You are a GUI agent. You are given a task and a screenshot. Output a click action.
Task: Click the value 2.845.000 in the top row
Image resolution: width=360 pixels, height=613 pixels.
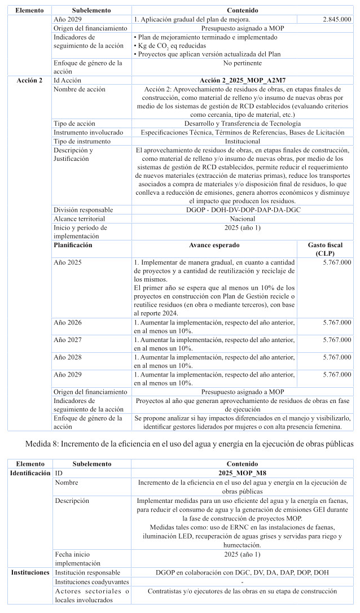(337, 19)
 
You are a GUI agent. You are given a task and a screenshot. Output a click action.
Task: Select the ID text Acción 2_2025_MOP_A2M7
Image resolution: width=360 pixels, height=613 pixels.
(243, 81)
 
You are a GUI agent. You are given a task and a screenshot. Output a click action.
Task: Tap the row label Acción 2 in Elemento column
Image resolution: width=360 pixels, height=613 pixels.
(29, 81)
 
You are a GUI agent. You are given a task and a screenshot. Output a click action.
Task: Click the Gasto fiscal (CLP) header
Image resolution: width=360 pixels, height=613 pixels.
(325, 249)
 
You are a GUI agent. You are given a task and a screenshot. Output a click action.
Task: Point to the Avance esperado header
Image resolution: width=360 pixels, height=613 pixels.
(214, 246)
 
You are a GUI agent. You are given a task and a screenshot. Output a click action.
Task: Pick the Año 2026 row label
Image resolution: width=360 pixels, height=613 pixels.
(68, 322)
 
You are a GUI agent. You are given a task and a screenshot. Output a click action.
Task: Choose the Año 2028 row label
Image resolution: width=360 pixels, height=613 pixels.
(68, 357)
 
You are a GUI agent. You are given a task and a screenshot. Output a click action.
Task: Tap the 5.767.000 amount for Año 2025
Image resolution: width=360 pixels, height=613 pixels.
(337, 262)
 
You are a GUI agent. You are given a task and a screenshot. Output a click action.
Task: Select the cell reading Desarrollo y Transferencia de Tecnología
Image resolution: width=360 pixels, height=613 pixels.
(243, 124)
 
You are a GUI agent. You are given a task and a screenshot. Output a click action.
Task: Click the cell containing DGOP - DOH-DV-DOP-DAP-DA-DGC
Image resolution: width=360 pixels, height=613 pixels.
(243, 210)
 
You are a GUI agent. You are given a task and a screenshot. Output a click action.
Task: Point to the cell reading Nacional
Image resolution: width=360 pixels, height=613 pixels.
(243, 218)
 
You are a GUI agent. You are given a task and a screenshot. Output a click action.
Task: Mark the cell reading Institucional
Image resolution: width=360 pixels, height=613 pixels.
(243, 141)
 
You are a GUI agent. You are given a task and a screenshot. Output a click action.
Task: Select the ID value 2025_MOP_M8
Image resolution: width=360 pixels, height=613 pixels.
(243, 472)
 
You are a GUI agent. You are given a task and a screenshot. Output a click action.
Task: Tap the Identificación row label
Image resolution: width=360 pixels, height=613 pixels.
(30, 472)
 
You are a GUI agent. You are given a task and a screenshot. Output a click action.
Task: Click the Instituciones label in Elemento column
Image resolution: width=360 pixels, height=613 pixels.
(29, 572)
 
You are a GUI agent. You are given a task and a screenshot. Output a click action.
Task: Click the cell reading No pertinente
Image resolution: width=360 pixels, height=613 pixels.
(243, 63)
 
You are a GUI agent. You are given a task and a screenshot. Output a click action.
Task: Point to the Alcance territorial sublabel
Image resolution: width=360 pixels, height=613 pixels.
(80, 218)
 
